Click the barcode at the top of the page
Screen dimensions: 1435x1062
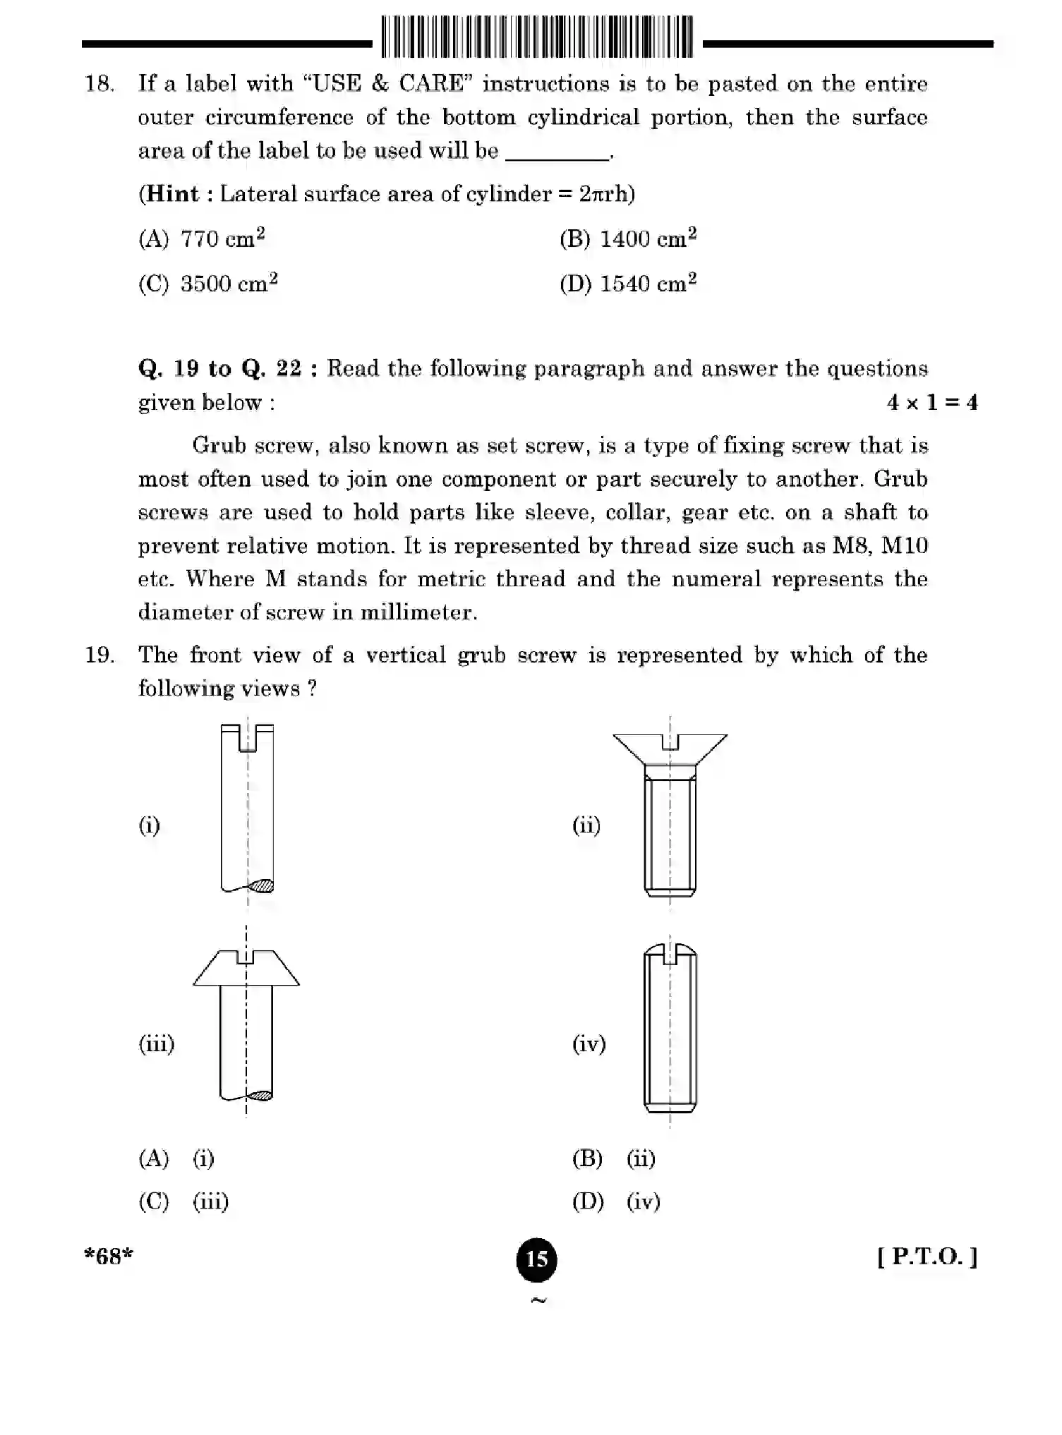pyautogui.click(x=537, y=37)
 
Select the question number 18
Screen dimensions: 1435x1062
pyautogui.click(x=99, y=84)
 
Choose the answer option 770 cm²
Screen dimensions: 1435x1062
pyautogui.click(x=222, y=239)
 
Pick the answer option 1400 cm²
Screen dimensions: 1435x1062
pyautogui.click(x=647, y=239)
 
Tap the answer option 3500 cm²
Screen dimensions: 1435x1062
pyautogui.click(x=229, y=284)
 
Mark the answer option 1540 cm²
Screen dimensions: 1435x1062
pyautogui.click(x=647, y=284)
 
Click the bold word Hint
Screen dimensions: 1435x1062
pyautogui.click(x=172, y=194)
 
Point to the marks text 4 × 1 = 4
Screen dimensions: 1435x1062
pyautogui.click(x=931, y=403)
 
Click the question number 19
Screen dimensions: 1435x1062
pyautogui.click(x=99, y=655)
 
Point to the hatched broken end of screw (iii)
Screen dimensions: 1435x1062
pyautogui.click(x=260, y=1096)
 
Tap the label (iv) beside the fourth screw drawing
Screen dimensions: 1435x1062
pyautogui.click(x=589, y=1044)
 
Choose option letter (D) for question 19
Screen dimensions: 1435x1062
pyautogui.click(x=588, y=1201)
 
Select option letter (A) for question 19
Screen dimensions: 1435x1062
pyautogui.click(x=154, y=1158)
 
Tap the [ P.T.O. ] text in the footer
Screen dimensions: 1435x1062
pyautogui.click(x=927, y=1257)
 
